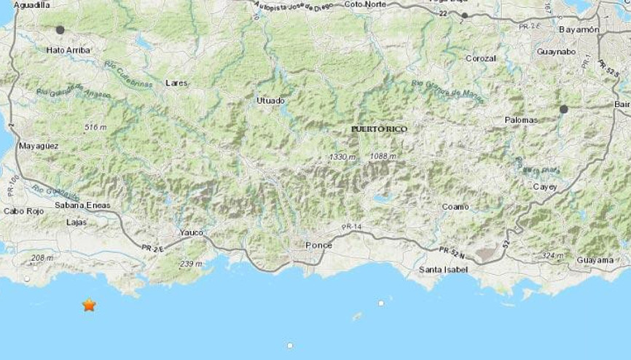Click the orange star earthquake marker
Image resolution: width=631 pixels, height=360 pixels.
click(89, 305)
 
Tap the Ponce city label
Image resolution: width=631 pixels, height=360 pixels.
click(318, 245)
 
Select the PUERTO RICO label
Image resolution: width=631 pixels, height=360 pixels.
click(379, 129)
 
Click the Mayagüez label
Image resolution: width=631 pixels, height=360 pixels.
click(39, 146)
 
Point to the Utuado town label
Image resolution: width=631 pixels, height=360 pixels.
click(271, 100)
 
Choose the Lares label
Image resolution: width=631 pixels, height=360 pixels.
click(176, 83)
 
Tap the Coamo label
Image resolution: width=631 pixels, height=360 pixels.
click(455, 206)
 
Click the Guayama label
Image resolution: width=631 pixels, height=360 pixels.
click(595, 260)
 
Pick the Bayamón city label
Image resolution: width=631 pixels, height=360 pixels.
click(578, 30)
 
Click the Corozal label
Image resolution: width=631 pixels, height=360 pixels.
click(481, 58)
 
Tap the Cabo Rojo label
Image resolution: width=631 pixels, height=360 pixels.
click(20, 211)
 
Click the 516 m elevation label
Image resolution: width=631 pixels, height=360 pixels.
click(95, 127)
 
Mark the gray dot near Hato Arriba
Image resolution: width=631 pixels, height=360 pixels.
click(60, 30)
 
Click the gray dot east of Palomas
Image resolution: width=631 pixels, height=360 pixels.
click(564, 109)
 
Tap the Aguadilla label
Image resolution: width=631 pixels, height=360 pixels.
click(31, 4)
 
